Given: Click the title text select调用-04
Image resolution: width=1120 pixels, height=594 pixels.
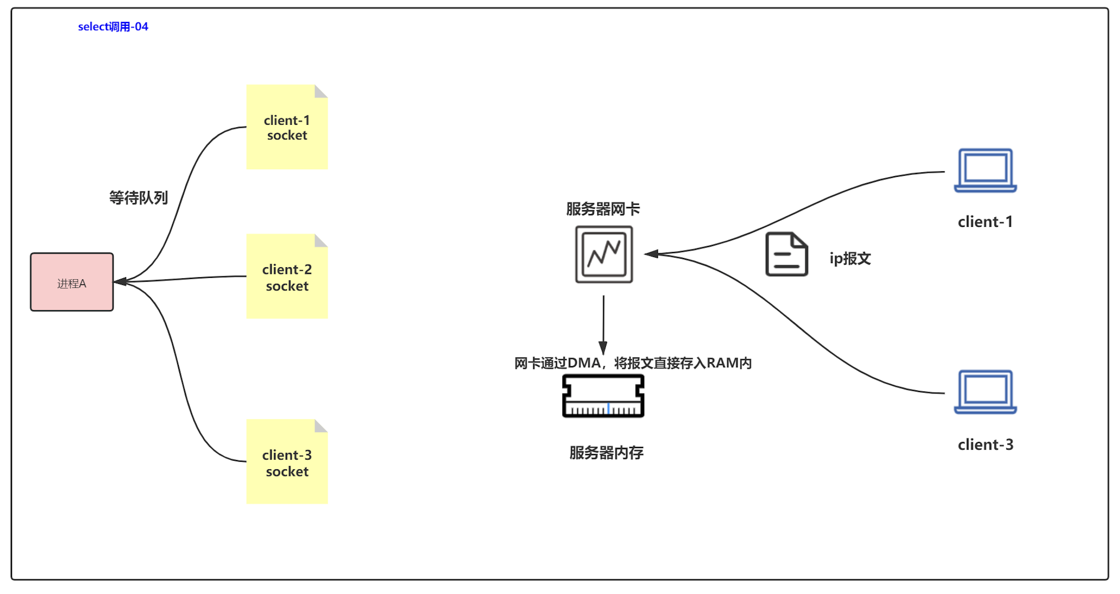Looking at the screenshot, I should (x=113, y=27).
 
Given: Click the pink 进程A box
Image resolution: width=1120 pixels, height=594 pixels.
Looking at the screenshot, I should (x=72, y=282).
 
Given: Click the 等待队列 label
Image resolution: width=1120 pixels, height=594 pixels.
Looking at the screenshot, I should (x=138, y=197).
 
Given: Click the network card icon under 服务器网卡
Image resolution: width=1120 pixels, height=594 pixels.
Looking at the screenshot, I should (x=604, y=254).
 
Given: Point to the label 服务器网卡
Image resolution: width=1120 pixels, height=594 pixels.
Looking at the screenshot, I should (x=603, y=209).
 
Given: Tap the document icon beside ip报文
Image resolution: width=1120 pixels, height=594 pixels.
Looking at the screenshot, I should (x=786, y=254).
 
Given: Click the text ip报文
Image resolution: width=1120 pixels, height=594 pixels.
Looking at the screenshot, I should (x=850, y=259).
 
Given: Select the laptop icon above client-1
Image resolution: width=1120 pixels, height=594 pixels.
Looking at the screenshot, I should (x=985, y=170).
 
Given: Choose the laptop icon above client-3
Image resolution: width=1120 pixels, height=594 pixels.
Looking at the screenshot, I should (x=985, y=392).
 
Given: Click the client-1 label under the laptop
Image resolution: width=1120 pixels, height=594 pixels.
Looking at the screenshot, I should (x=985, y=222).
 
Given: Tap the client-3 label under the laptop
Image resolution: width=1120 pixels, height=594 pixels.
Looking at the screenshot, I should (x=985, y=444).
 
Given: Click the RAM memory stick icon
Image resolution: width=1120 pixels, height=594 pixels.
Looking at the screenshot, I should (x=603, y=396).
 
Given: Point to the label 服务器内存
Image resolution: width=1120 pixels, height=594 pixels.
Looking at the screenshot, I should (x=606, y=453).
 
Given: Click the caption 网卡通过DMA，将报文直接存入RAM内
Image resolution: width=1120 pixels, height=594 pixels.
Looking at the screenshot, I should (x=633, y=363).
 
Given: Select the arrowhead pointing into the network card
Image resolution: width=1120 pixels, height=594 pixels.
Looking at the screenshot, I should (x=651, y=254).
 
